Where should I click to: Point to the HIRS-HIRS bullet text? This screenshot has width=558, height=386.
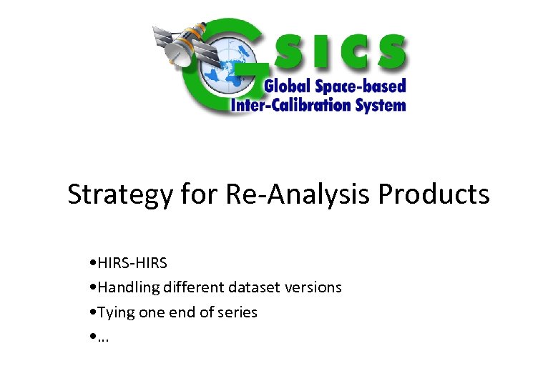(x=132, y=263)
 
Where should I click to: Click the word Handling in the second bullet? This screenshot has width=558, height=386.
(x=129, y=287)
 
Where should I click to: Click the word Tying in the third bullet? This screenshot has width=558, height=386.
(x=116, y=312)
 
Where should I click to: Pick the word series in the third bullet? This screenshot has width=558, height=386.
(x=238, y=312)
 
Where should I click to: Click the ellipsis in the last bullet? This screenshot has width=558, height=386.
(x=103, y=337)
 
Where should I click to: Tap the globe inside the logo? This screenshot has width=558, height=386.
(x=227, y=64)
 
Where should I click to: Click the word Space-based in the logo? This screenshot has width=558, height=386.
(x=361, y=86)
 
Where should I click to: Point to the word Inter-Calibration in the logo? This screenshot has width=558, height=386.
(x=292, y=105)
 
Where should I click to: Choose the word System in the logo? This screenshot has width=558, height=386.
(x=381, y=105)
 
